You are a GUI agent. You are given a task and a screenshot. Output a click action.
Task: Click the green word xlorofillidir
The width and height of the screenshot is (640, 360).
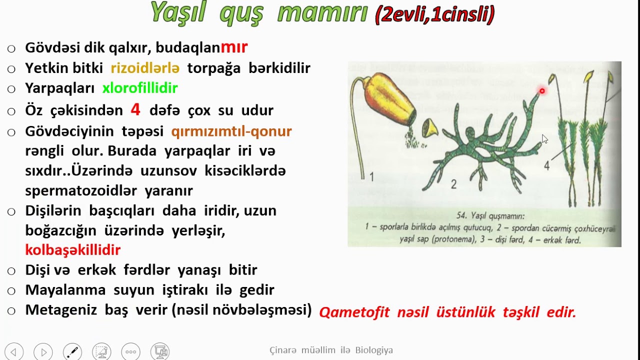pos(140,88)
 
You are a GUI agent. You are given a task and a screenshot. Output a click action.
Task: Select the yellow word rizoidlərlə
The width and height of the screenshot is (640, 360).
pos(145,68)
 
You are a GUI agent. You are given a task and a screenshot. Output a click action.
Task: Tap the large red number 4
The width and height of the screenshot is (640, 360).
pos(135,109)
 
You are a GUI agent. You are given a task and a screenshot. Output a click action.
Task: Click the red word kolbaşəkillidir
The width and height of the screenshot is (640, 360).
pos(72,250)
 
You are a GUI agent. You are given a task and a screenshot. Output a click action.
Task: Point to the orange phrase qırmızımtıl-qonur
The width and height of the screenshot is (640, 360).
pos(231,131)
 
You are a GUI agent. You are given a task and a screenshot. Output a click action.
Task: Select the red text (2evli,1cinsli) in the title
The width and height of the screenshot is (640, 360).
pos(434,14)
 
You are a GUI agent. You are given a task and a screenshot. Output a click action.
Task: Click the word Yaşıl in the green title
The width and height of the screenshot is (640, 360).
pos(178,12)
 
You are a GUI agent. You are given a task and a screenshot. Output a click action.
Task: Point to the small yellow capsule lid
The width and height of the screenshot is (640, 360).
pos(429,129)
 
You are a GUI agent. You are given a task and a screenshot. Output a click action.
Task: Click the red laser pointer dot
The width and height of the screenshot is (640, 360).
pos(542,91)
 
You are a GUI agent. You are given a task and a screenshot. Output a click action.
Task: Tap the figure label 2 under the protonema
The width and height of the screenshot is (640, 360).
pos(453,184)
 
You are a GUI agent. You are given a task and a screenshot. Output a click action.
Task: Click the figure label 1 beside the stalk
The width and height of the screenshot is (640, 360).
pos(371,176)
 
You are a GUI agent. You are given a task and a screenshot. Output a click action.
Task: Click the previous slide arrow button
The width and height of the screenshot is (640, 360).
pos(13,352)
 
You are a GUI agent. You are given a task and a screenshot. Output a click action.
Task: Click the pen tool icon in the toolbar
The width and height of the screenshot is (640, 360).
pos(72,352)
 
